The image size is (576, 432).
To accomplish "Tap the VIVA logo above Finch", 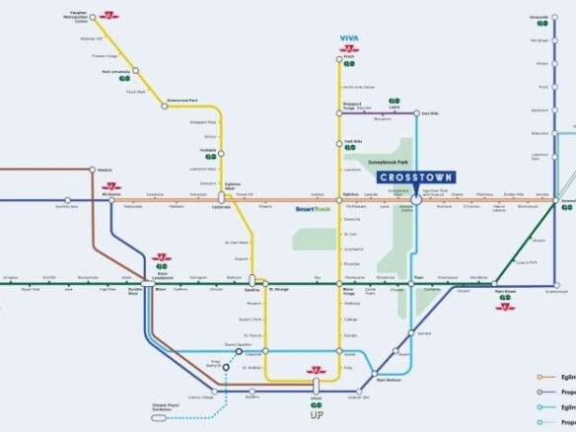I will [349, 38].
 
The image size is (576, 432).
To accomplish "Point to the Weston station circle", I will [94, 170].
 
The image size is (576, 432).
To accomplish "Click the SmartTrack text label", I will [313, 209].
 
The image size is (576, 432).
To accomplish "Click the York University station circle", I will [134, 72].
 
